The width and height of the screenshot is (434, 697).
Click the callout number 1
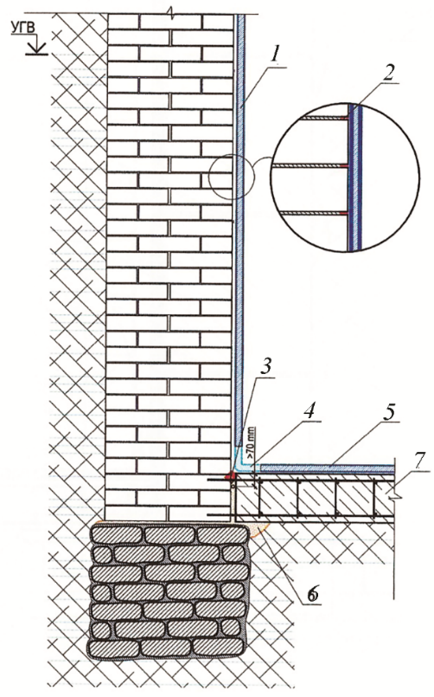pos(275,55)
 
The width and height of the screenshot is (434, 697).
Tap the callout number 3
pos(265,369)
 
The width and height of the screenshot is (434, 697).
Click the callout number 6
pos(313,592)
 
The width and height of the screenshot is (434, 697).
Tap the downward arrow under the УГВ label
pos(37,45)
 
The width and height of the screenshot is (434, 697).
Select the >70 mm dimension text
pos(251,453)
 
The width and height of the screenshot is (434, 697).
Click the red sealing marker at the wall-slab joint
pos(231,476)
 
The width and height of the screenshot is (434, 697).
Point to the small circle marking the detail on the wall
pos(230,176)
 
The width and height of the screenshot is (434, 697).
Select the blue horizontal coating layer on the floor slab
pos(327,468)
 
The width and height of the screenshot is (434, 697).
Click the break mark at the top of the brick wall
pos(171,12)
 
